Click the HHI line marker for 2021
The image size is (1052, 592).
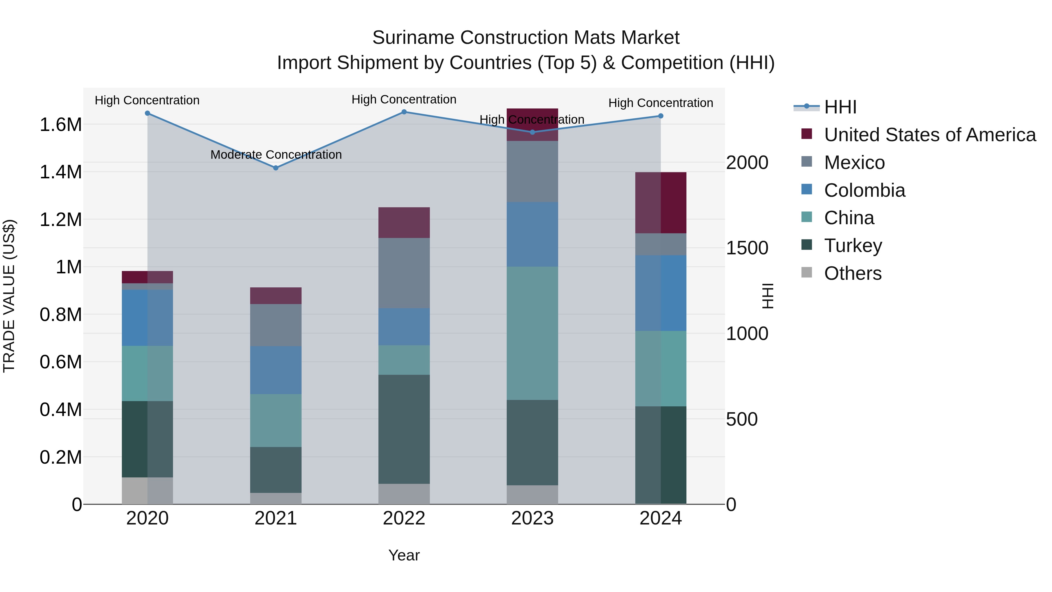[x=276, y=168]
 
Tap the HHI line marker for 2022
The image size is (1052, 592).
[x=404, y=112]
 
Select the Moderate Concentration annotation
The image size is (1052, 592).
[x=276, y=155]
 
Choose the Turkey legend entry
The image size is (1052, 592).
[x=853, y=246]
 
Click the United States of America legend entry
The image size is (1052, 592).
[x=930, y=135]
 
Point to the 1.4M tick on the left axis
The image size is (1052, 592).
[x=60, y=172]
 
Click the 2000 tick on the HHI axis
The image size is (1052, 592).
[x=747, y=163]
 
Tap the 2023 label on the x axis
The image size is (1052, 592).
[x=532, y=518]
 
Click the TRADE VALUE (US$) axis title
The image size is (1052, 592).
[x=9, y=296]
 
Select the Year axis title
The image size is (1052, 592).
[x=404, y=555]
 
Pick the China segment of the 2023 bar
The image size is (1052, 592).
[x=532, y=333]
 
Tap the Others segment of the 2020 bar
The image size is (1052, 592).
[x=148, y=490]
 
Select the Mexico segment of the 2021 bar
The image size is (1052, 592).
[x=276, y=325]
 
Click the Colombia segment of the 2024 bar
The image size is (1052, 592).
[x=660, y=293]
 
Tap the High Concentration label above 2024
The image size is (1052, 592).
[x=660, y=103]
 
